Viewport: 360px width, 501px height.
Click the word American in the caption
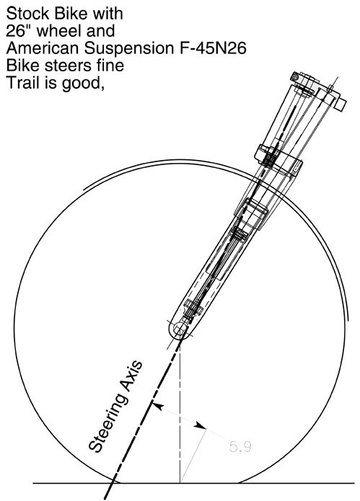(43, 48)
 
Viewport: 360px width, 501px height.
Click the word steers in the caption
(69, 66)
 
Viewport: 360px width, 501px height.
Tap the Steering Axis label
(115, 407)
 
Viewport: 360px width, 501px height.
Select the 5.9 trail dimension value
(240, 446)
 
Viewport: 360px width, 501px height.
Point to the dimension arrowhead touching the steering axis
(157, 407)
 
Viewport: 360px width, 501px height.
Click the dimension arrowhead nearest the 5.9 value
(201, 425)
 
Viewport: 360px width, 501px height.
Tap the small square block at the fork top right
(341, 105)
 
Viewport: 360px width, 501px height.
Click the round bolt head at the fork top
(295, 76)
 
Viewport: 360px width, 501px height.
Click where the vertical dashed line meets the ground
(180, 483)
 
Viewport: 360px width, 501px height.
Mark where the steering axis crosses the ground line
(113, 483)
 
